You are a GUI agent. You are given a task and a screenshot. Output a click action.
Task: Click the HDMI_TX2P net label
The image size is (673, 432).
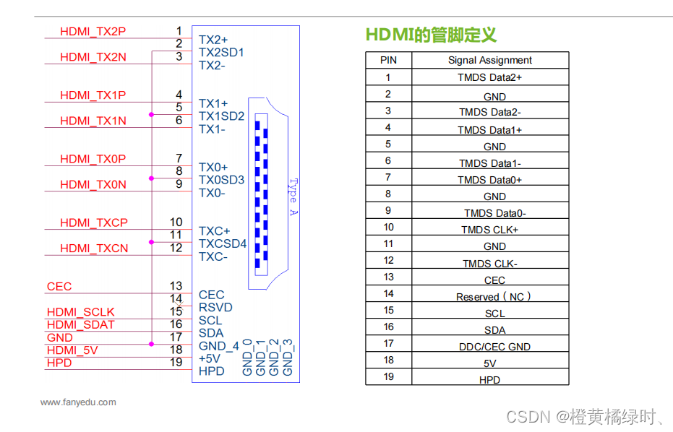tap(93, 31)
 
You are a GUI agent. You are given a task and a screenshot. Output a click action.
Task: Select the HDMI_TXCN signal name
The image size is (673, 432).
tap(94, 248)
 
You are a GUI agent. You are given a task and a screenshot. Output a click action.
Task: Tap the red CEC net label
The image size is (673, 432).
tap(59, 286)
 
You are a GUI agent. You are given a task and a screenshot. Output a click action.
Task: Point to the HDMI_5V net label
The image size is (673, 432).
tap(72, 350)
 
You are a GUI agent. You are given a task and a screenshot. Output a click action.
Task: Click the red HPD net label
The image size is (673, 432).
tap(59, 363)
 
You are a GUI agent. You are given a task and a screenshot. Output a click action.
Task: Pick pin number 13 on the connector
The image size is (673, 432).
tap(176, 286)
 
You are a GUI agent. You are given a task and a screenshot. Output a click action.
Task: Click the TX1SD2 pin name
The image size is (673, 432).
tap(221, 116)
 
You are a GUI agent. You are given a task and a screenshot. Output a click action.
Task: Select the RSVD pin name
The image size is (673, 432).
tap(215, 307)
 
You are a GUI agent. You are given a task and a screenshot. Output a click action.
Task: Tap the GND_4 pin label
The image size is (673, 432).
tap(218, 345)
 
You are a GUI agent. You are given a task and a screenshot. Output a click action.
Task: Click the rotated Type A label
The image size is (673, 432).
tap(293, 196)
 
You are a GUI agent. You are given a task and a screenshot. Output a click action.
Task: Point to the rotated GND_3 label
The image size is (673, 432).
tap(288, 357)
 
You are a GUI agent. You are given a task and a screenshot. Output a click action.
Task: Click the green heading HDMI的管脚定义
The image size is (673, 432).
tap(431, 35)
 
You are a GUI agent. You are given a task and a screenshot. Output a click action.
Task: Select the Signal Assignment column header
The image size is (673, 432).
tap(489, 61)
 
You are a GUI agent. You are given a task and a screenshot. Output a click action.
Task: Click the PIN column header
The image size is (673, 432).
tap(388, 61)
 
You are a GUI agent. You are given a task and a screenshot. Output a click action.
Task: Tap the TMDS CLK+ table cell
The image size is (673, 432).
tap(489, 230)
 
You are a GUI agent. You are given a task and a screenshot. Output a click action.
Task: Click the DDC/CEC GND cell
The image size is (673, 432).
tap(494, 347)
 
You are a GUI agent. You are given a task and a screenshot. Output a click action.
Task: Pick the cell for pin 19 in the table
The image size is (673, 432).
tap(388, 376)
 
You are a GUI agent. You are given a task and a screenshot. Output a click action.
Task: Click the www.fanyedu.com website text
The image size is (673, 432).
tap(78, 402)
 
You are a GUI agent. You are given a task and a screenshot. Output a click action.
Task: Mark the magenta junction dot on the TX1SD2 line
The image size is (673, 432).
tap(151, 114)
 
